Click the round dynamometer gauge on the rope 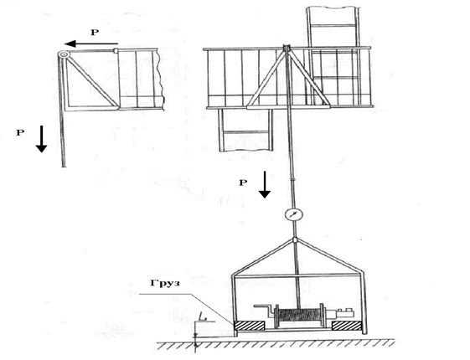pyautogui.click(x=293, y=215)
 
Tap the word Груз pyautogui.click(x=165, y=283)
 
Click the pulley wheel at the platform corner pyautogui.click(x=64, y=54)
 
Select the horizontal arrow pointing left pyautogui.click(x=91, y=44)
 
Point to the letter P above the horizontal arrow pyautogui.click(x=95, y=33)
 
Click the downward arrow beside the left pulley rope pyautogui.click(x=41, y=139)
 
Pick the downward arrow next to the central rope pyautogui.click(x=265, y=184)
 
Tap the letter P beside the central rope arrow pyautogui.click(x=243, y=183)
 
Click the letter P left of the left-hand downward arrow pyautogui.click(x=20, y=132)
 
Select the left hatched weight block pyautogui.click(x=250, y=326)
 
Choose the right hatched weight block pyautogui.click(x=347, y=326)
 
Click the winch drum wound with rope pyautogui.click(x=300, y=316)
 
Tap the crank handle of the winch pyautogui.click(x=264, y=310)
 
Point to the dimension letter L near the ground pyautogui.click(x=204, y=316)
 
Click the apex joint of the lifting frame pyautogui.click(x=295, y=239)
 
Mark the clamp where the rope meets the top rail pyautogui.click(x=287, y=48)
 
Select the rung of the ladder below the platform pyautogui.click(x=245, y=132)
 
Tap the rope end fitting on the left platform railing pyautogui.click(x=116, y=50)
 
